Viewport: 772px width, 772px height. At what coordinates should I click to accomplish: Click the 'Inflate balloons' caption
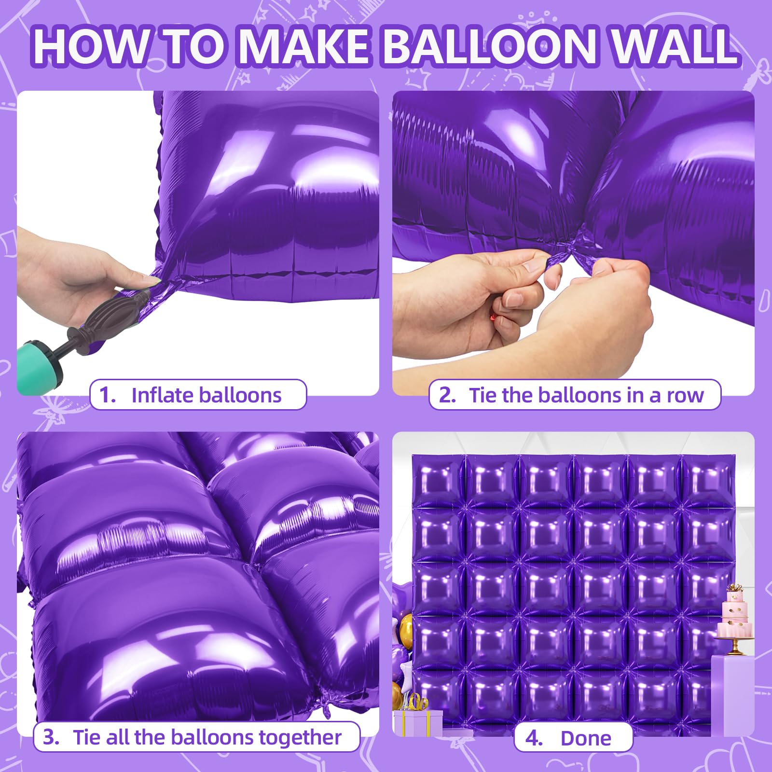click(207, 395)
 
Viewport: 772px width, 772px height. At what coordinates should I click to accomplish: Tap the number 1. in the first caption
click(107, 395)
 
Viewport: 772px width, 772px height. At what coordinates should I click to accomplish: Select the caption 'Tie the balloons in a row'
click(586, 395)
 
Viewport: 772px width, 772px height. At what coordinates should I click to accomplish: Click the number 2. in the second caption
click(447, 395)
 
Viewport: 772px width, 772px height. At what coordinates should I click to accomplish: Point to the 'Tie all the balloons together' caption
click(207, 737)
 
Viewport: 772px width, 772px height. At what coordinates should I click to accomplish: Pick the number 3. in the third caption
click(51, 737)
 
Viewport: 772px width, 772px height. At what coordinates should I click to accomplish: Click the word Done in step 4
click(586, 738)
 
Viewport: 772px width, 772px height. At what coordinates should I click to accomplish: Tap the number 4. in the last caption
click(534, 738)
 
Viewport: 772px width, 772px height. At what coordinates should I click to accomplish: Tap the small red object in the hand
click(493, 317)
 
